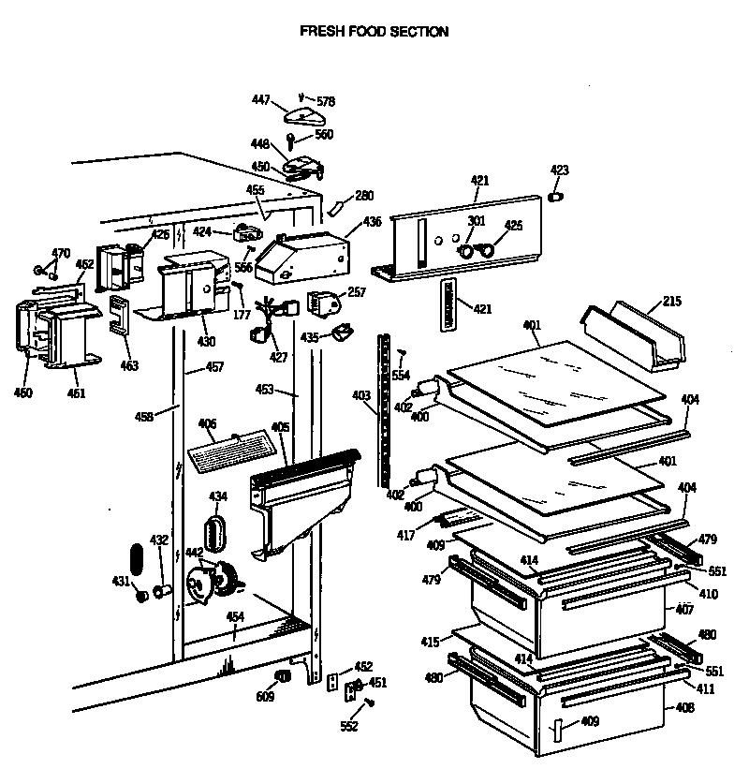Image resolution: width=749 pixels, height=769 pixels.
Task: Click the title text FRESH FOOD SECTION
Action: pyautogui.click(x=374, y=31)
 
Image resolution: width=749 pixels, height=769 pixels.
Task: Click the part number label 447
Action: pyautogui.click(x=260, y=99)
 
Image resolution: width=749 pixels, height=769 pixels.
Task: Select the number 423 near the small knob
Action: pyautogui.click(x=559, y=170)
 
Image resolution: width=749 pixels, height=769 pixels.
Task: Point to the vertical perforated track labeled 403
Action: pyautogui.click(x=383, y=407)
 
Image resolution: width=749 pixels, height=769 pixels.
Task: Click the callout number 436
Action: pyautogui.click(x=373, y=222)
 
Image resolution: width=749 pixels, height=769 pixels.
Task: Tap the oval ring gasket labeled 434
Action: pyautogui.click(x=216, y=531)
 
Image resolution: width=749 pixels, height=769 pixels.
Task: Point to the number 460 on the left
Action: pyautogui.click(x=23, y=392)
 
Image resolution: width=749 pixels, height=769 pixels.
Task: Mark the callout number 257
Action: pyautogui.click(x=357, y=292)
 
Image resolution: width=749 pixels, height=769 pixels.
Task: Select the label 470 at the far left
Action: pyautogui.click(x=61, y=253)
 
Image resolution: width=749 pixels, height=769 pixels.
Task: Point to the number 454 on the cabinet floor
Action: pyautogui.click(x=235, y=617)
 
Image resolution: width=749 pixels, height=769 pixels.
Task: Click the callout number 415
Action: pyautogui.click(x=430, y=642)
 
